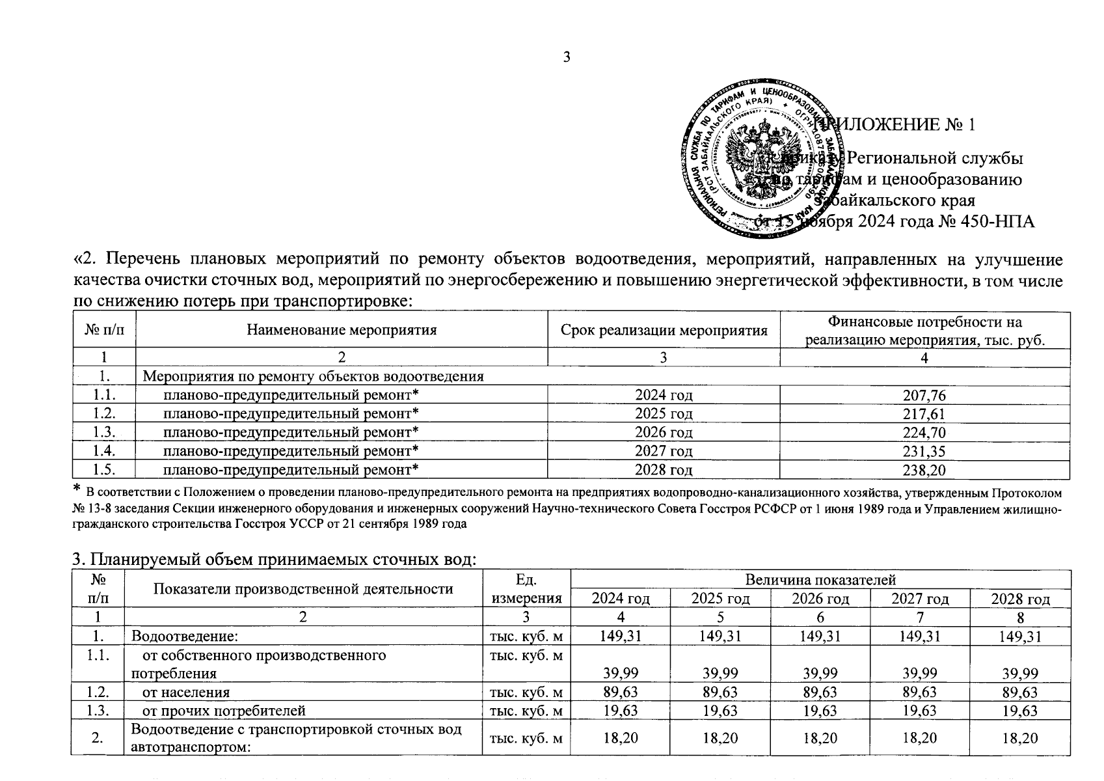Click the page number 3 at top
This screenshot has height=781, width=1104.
566,57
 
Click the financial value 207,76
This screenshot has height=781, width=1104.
924,396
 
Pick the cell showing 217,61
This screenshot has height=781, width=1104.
924,414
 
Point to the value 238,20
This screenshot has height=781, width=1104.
924,470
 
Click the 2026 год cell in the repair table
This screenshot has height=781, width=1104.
663,432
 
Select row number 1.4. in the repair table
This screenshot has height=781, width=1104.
104,451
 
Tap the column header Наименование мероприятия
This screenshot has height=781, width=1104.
342,330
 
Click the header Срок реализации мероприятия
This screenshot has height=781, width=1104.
664,330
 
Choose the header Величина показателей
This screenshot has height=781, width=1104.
820,579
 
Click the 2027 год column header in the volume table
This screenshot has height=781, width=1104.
919,599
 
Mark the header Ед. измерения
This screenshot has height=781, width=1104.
526,589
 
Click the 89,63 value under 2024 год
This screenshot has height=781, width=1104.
621,692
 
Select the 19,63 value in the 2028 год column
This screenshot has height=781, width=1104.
1020,711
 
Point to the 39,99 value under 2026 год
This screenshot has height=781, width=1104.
820,673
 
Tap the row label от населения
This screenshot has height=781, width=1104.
185,692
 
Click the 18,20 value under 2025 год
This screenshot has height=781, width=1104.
721,738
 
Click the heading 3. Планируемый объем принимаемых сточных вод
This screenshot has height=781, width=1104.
273,560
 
